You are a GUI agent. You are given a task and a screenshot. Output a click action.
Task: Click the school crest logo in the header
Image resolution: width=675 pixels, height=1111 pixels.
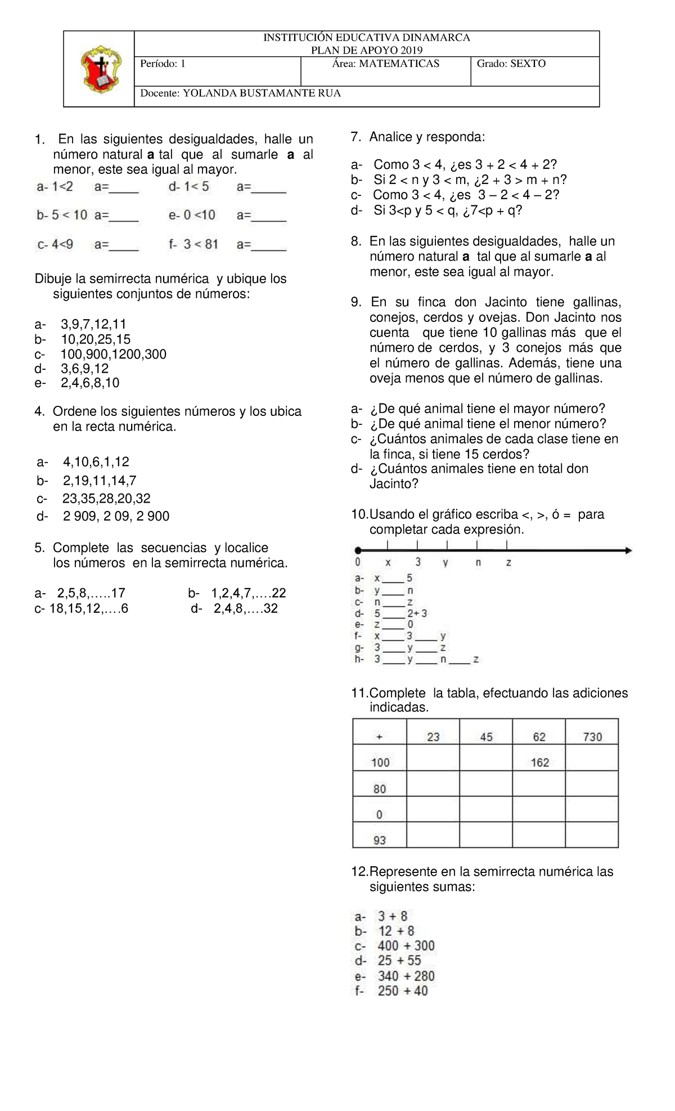click(100, 69)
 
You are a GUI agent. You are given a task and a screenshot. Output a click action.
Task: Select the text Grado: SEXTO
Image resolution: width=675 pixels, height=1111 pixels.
click(511, 64)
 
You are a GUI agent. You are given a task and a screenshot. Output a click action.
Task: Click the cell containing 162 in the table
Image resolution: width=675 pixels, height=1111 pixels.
click(539, 762)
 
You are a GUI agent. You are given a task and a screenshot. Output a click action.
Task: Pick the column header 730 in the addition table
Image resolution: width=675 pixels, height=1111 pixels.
click(592, 737)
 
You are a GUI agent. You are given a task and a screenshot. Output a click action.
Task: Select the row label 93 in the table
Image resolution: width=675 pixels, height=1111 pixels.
click(380, 840)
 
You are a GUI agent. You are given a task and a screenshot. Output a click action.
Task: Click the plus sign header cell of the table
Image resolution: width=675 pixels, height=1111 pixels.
click(379, 737)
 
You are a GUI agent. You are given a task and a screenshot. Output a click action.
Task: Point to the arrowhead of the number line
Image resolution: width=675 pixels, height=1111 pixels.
click(628, 550)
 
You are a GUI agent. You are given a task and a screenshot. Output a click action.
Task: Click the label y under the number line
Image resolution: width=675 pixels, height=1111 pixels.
click(445, 562)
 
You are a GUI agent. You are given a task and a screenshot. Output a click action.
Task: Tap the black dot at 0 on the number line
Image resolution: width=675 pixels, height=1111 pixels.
click(357, 550)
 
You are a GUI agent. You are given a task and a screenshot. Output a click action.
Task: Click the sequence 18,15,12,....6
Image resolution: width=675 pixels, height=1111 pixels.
click(82, 608)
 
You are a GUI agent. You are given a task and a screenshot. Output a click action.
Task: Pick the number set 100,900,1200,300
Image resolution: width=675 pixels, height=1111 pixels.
click(113, 354)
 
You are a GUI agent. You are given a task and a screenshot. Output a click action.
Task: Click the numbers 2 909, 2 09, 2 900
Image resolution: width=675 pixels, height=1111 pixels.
click(116, 516)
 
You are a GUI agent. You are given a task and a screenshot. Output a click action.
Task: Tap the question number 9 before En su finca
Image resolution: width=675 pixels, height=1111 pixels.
click(356, 302)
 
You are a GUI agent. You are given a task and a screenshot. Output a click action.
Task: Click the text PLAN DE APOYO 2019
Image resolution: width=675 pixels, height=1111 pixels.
click(367, 50)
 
